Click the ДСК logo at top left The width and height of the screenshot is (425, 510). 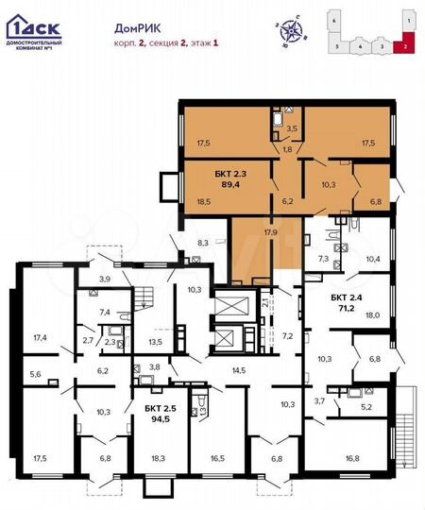[x=32, y=20]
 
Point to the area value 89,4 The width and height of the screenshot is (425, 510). [x=229, y=185]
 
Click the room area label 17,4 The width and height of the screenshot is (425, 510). [x=41, y=336]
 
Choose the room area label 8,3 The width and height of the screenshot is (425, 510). [x=200, y=244]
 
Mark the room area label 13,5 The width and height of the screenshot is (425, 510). [x=156, y=342]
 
